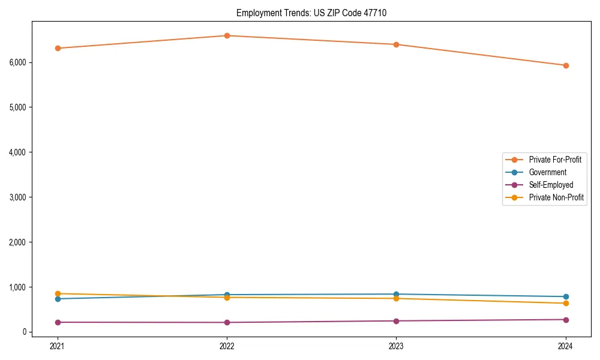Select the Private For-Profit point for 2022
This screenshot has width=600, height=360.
(227, 35)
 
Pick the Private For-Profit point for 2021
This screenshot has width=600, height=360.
(58, 48)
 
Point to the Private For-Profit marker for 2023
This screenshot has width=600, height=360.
(396, 44)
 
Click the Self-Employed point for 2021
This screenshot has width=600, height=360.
(58, 322)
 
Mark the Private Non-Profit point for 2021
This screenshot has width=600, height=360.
(58, 293)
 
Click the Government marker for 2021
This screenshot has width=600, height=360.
(58, 299)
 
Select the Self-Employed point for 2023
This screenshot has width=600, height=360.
(396, 321)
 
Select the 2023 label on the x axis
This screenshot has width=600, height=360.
(396, 346)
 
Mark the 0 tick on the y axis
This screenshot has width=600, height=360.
(26, 332)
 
